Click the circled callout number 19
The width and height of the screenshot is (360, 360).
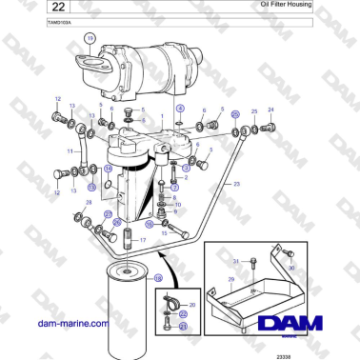[90, 39]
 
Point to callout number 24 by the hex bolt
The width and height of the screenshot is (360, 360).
[270, 110]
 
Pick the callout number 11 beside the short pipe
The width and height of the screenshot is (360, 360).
[69, 150]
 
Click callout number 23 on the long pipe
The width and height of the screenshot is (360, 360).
[236, 183]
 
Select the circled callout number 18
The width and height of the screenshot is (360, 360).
[157, 277]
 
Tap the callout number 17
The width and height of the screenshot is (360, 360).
[143, 241]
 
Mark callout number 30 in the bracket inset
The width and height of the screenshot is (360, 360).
[291, 270]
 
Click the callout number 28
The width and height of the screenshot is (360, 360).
[89, 203]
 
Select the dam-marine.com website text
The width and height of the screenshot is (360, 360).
[71, 324]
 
